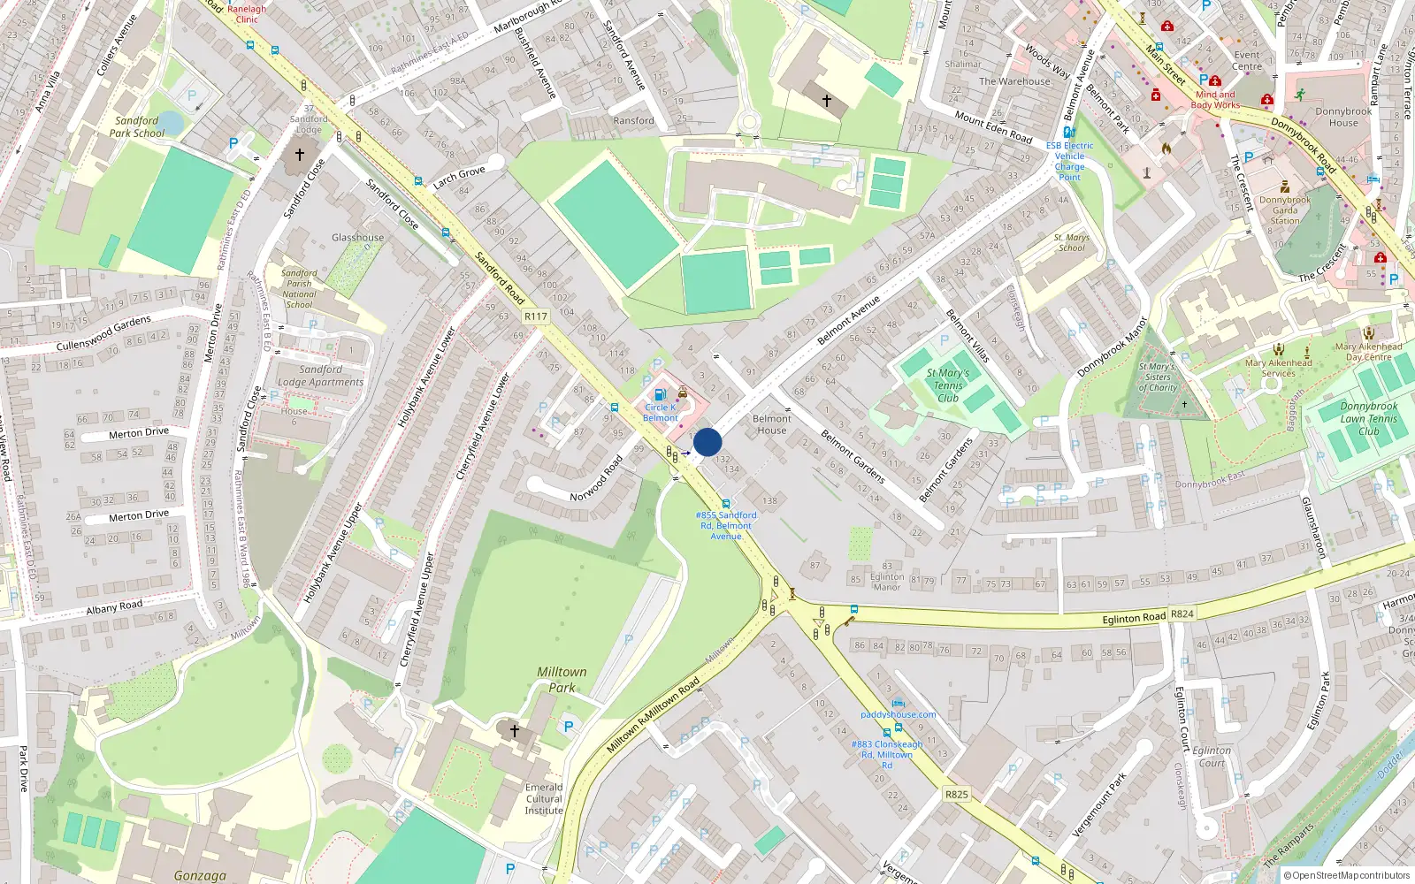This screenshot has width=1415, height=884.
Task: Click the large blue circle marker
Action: tap(707, 442)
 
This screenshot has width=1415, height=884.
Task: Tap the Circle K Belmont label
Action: tap(661, 413)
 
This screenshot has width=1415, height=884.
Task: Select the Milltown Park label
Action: tap(562, 679)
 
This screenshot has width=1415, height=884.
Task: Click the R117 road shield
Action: tap(536, 316)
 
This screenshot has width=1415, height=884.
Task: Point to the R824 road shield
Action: tap(1182, 613)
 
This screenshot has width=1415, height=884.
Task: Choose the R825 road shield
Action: tap(956, 794)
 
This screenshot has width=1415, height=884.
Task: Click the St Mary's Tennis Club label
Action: tap(948, 385)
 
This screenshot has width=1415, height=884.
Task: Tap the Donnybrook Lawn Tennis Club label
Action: tap(1368, 419)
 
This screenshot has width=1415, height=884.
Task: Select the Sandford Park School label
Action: tap(137, 126)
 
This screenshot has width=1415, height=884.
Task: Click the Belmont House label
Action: tap(771, 424)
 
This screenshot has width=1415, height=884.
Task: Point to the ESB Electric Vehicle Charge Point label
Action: tap(1069, 161)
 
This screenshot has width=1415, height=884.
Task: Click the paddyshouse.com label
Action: tap(898, 714)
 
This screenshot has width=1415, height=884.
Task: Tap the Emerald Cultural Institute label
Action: tap(544, 798)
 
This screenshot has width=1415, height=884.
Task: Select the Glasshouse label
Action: tap(357, 237)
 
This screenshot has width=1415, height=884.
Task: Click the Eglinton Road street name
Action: tap(1134, 618)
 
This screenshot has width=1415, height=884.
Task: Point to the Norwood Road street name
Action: tap(596, 478)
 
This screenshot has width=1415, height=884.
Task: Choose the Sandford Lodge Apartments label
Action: tap(320, 376)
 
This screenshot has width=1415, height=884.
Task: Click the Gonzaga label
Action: tap(200, 875)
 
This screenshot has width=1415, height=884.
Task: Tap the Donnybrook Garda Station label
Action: tap(1285, 210)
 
